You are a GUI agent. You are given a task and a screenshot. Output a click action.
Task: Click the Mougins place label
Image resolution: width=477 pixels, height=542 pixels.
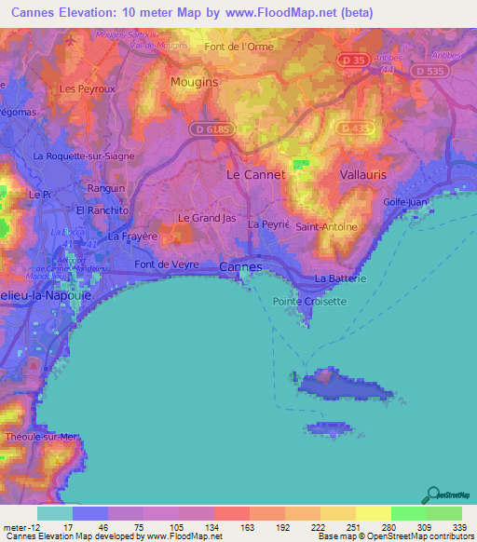[x=194, y=82]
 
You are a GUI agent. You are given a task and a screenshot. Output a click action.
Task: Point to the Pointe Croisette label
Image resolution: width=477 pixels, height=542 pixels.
[x=309, y=301]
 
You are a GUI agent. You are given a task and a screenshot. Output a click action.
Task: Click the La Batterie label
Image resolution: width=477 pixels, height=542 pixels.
[x=340, y=278]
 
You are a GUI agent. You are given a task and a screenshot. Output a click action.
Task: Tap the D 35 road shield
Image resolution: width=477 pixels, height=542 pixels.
[x=350, y=60]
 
